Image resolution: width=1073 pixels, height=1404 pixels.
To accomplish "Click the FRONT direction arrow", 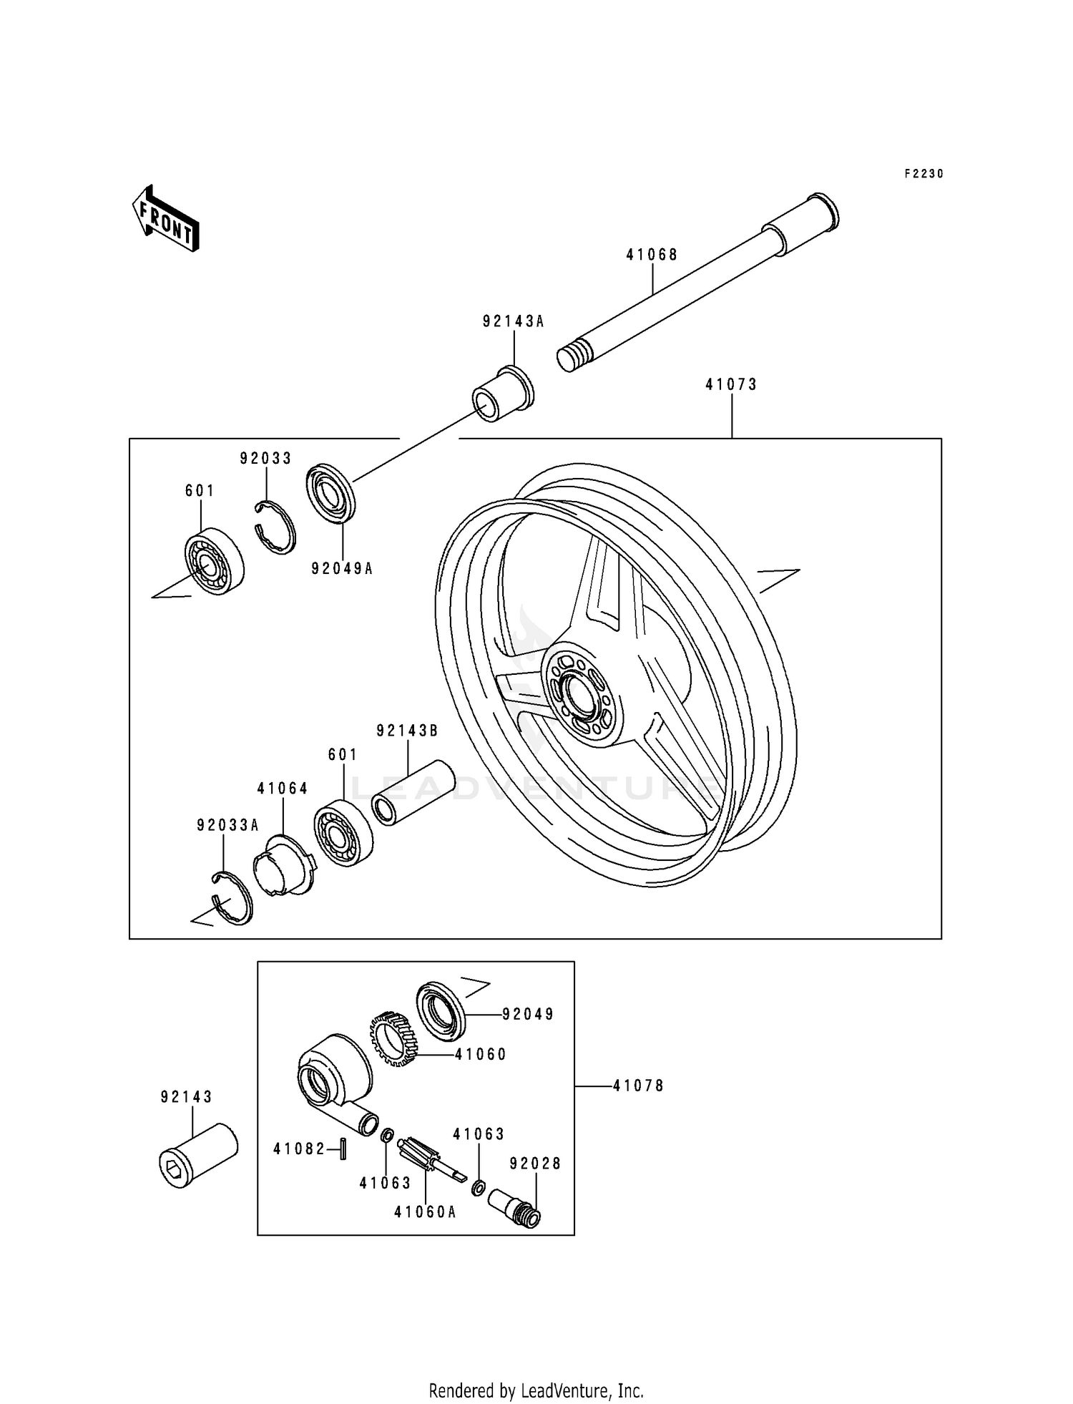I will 165,219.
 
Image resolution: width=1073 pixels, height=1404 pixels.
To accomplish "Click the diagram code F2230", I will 923,174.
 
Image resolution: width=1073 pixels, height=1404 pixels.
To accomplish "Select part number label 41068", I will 652,255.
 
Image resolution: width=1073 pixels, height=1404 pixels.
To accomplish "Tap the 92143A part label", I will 513,322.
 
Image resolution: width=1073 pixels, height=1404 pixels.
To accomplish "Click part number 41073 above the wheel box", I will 730,384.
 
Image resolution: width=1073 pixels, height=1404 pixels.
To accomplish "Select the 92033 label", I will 265,459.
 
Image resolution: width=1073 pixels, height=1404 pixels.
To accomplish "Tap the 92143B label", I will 407,731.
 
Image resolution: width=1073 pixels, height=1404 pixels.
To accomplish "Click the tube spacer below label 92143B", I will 413,794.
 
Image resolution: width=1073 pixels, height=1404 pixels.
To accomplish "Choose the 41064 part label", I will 283,789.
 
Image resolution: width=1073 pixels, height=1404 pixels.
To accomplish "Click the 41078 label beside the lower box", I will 639,1086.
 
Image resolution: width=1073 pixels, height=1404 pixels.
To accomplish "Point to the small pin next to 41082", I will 343,1149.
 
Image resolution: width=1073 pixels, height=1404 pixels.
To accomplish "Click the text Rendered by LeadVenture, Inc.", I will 536,1390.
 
